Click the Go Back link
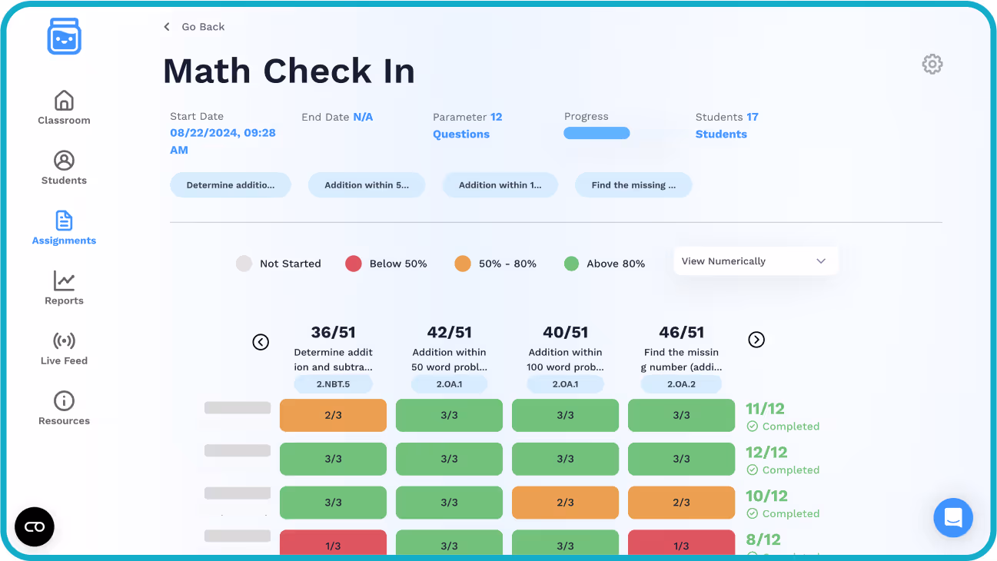pos(194,27)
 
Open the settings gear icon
pos(932,64)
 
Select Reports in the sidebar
pos(64,288)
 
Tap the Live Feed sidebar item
pos(64,348)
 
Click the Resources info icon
pos(64,400)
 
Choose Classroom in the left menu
pos(64,108)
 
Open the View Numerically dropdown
pos(755,261)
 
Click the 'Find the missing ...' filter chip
pos(633,185)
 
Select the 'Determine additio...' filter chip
pos(230,185)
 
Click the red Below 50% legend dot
pos(354,264)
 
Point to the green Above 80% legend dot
pos(571,264)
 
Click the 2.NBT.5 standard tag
pos(333,384)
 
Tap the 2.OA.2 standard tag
pos(681,384)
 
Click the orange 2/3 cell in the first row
pos(333,415)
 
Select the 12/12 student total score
pos(766,453)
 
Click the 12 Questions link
pos(461,134)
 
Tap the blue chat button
pos(953,518)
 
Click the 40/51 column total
pos(565,332)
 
